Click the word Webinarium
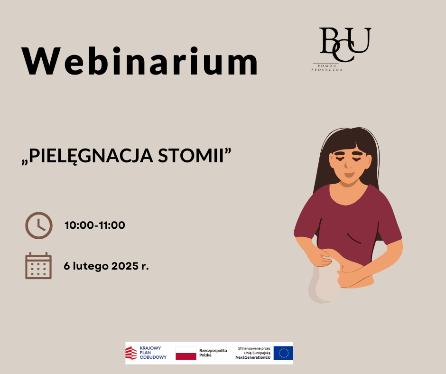pyautogui.click(x=139, y=61)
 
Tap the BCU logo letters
pyautogui.click(x=345, y=45)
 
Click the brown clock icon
pyautogui.click(x=39, y=225)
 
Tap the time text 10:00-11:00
pyautogui.click(x=95, y=225)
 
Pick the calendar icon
pyautogui.click(x=38, y=266)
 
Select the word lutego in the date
pyautogui.click(x=91, y=266)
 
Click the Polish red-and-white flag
pyautogui.click(x=186, y=353)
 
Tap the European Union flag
pyautogui.click(x=283, y=353)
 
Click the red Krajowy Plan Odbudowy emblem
pyautogui.click(x=131, y=353)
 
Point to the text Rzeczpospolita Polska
pyautogui.click(x=213, y=353)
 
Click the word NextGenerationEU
pyautogui.click(x=253, y=357)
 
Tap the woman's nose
pyautogui.click(x=346, y=164)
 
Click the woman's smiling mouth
pyautogui.click(x=349, y=174)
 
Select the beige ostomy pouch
pyautogui.click(x=324, y=285)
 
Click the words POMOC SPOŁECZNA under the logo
pyautogui.click(x=327, y=68)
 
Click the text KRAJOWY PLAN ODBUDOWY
pyautogui.click(x=153, y=353)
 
